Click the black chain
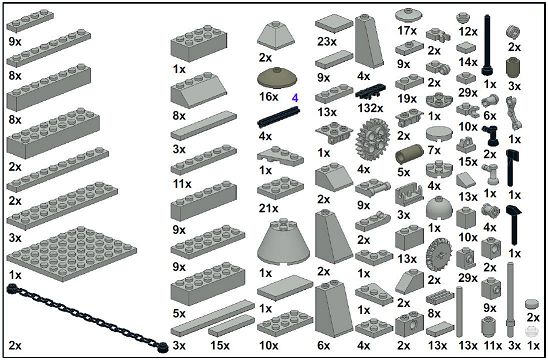(87, 318)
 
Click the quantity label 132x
(370, 108)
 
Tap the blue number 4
(295, 98)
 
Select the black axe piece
(512, 168)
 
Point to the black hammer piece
(514, 225)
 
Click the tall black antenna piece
(488, 45)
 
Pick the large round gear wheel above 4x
(373, 139)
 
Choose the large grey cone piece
(283, 242)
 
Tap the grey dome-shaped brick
(439, 208)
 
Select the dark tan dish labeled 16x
(277, 78)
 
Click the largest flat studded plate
(71, 253)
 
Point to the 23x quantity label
(327, 42)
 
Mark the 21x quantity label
(268, 208)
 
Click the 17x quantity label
(407, 31)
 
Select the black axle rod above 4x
(279, 117)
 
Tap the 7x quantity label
(434, 150)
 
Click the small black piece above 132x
(370, 92)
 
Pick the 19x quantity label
(407, 99)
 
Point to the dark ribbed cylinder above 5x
(409, 154)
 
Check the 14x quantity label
(468, 62)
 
